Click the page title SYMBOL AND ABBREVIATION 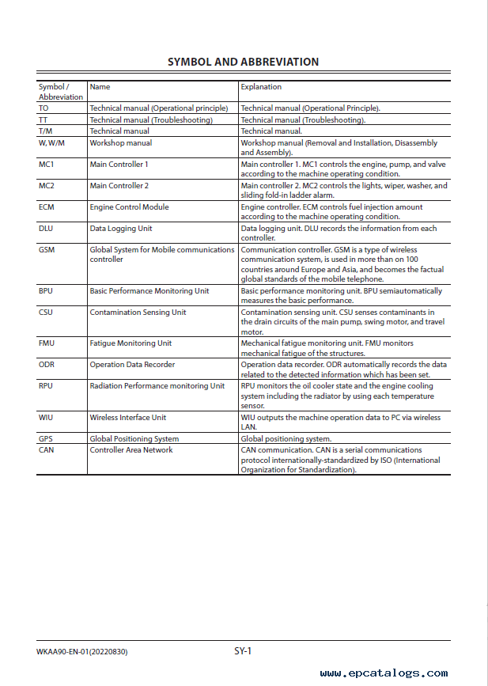[244, 62]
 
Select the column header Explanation [261, 87]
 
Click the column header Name [100, 87]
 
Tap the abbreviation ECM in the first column [47, 207]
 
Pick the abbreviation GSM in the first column [47, 250]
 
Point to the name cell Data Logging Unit [121, 229]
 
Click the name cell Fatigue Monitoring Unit [131, 343]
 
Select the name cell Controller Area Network [131, 450]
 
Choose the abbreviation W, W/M [51, 143]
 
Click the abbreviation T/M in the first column [45, 131]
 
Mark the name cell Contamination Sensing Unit [138, 313]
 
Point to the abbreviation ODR [47, 365]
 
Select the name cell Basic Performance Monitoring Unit [149, 291]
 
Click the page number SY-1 [243, 651]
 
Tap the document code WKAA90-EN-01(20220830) [82, 652]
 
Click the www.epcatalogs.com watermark [384, 673]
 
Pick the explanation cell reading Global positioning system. [286, 439]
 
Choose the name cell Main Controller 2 [119, 186]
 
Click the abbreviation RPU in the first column [46, 386]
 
